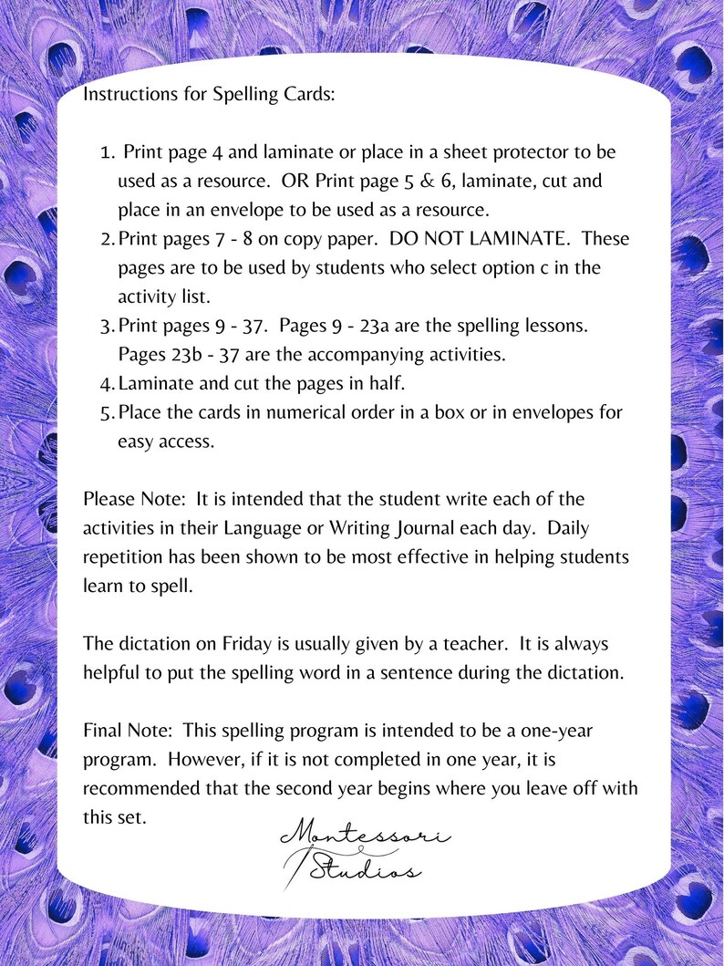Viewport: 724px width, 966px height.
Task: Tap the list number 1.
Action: (106, 152)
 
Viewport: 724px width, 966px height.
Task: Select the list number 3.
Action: (106, 326)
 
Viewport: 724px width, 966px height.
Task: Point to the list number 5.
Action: (106, 412)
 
